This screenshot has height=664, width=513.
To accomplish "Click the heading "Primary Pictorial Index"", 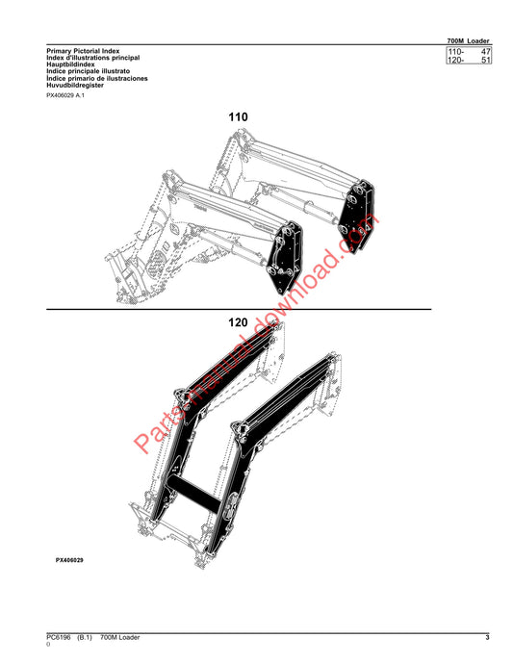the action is (83, 51).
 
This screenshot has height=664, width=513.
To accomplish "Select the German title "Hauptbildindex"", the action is (71, 64).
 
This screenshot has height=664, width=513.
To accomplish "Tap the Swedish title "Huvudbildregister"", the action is (75, 85).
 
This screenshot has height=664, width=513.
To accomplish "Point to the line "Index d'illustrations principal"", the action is (93, 58).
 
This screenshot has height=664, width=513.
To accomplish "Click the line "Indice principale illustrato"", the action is (89, 71).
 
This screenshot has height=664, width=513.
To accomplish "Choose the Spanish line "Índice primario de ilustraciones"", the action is (97, 78).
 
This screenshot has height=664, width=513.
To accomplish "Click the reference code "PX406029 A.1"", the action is (65, 95).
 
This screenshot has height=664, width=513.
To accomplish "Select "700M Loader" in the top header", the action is (468, 40).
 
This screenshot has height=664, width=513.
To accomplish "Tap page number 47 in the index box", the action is (485, 52).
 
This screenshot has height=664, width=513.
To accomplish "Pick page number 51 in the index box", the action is (485, 60).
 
